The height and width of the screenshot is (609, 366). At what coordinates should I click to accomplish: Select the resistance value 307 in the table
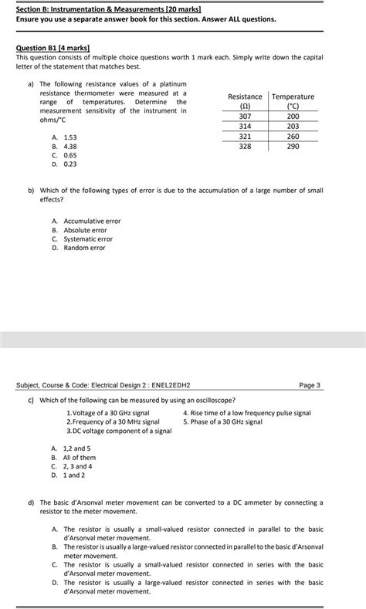(245, 116)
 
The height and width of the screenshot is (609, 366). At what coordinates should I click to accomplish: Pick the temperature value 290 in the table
(293, 146)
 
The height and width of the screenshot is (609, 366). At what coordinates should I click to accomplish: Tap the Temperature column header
(293, 101)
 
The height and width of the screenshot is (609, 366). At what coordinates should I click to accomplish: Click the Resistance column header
(245, 101)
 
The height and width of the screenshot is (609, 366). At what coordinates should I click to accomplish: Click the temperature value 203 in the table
(293, 126)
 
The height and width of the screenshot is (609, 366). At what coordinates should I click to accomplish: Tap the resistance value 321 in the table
(245, 136)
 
